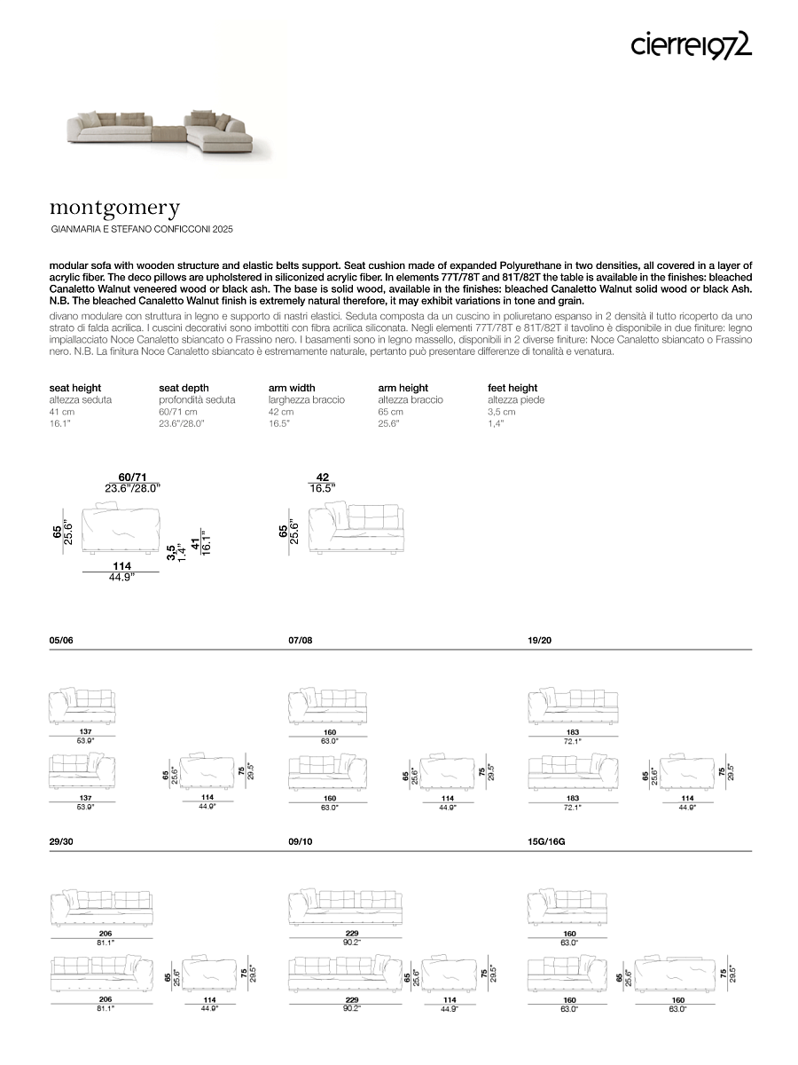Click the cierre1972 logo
[x=691, y=44]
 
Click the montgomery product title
[x=114, y=209]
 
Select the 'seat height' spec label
[x=75, y=388]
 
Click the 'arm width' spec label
[x=292, y=388]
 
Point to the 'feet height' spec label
[x=512, y=388]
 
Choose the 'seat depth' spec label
[x=184, y=388]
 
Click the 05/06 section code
[x=61, y=640]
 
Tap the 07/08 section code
[x=301, y=640]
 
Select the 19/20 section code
[x=540, y=640]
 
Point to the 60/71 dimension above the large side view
[x=132, y=477]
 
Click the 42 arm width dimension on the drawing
[x=323, y=477]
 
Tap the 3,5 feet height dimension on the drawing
[x=171, y=552]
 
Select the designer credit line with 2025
[x=142, y=230]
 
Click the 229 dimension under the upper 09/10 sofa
[x=351, y=934]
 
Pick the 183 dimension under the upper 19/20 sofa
[x=573, y=732]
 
